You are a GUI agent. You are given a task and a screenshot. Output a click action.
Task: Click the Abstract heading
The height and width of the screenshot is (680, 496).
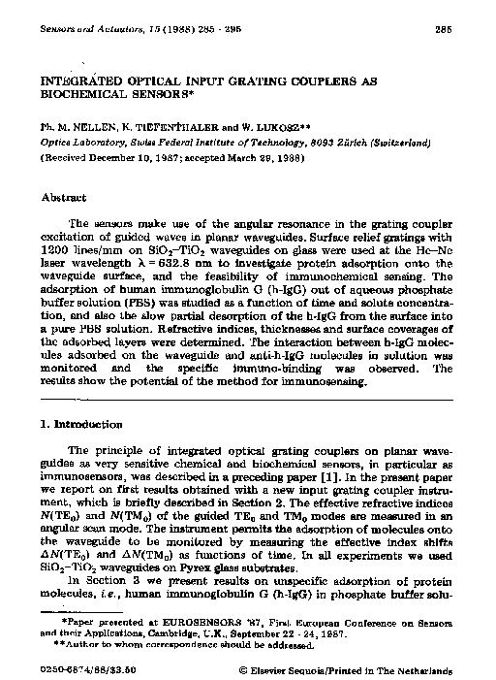64,197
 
